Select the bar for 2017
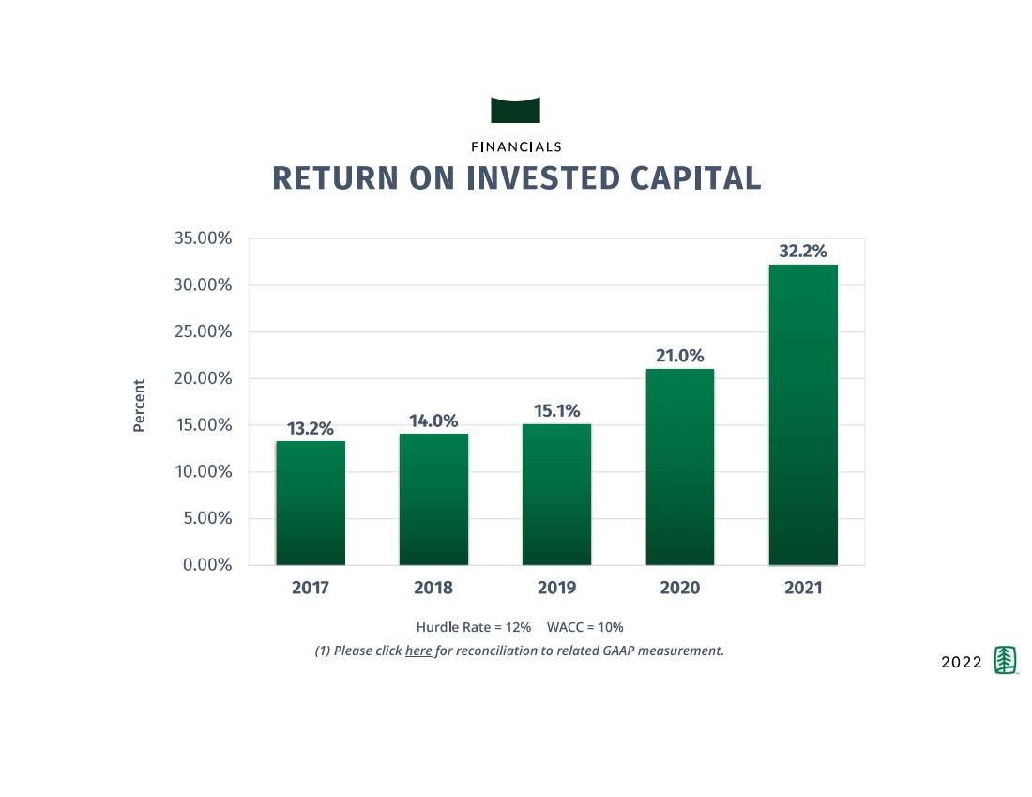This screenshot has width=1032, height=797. [x=310, y=503]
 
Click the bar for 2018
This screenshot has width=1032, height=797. [x=433, y=499]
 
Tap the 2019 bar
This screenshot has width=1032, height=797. [x=556, y=495]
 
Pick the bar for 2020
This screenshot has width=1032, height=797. [x=680, y=467]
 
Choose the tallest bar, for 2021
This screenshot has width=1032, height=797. [x=803, y=415]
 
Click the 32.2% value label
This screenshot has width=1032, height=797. [x=803, y=252]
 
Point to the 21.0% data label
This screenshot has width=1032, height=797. [x=680, y=356]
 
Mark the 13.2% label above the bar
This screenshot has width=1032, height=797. [x=310, y=428]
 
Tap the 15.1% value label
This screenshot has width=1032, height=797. [x=556, y=411]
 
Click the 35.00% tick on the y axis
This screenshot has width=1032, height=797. [x=203, y=238]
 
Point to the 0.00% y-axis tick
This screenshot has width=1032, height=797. [x=206, y=565]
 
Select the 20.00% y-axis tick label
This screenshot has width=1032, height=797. [x=203, y=378]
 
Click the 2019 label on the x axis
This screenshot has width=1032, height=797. [x=556, y=589]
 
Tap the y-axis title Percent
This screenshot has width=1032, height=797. [x=139, y=406]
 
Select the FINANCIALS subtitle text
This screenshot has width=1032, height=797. [x=516, y=146]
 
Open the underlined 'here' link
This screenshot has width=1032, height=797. [x=418, y=651]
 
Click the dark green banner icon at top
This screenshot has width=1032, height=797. [x=515, y=110]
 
